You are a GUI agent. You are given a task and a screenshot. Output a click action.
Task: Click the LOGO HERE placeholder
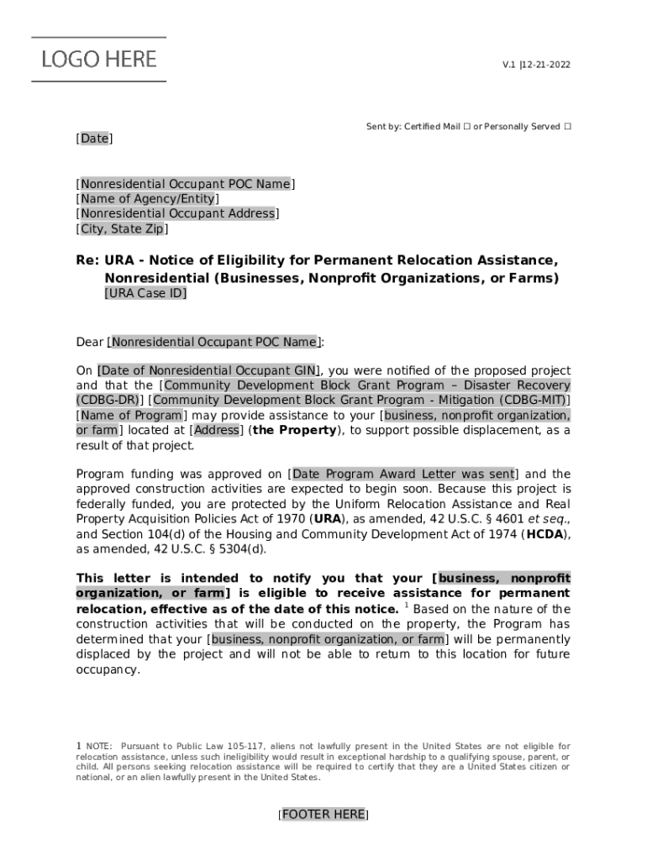99,59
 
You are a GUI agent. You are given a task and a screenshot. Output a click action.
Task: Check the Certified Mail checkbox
466,127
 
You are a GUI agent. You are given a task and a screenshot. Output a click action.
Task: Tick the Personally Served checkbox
567,127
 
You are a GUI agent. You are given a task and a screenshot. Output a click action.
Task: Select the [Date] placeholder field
94,139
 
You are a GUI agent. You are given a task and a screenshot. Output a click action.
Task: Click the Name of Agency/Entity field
148,199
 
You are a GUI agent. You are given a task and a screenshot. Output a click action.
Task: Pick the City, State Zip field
122,229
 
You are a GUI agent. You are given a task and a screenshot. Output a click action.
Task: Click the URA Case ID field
145,294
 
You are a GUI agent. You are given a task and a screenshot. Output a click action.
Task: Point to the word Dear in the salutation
90,343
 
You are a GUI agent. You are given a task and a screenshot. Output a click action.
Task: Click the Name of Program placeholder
131,416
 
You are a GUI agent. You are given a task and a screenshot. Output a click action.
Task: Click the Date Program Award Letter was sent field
402,475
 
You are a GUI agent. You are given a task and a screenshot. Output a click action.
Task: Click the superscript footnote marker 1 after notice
407,606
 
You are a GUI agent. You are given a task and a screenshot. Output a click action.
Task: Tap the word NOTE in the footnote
98,747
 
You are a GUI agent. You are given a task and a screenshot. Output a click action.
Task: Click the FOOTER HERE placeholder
323,815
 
